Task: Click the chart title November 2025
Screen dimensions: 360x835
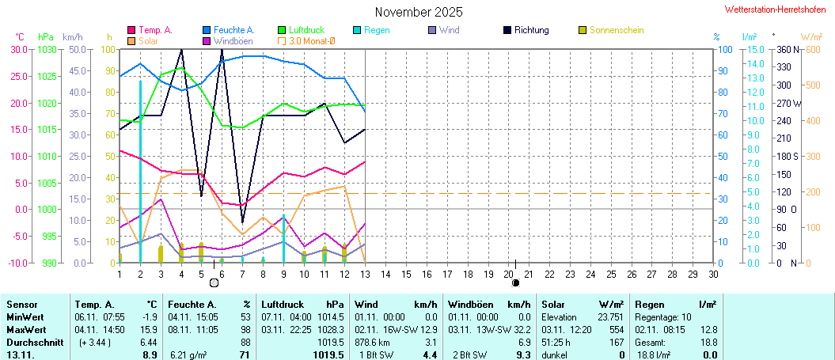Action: [x=419, y=12]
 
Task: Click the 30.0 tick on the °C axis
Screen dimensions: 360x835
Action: [x=18, y=49]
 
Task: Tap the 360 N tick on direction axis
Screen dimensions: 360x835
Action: [x=789, y=49]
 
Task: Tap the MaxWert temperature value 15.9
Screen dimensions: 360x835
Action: [x=148, y=329]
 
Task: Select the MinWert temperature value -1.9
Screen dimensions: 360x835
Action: [x=149, y=316]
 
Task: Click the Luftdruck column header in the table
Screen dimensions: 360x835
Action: [x=280, y=304]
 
